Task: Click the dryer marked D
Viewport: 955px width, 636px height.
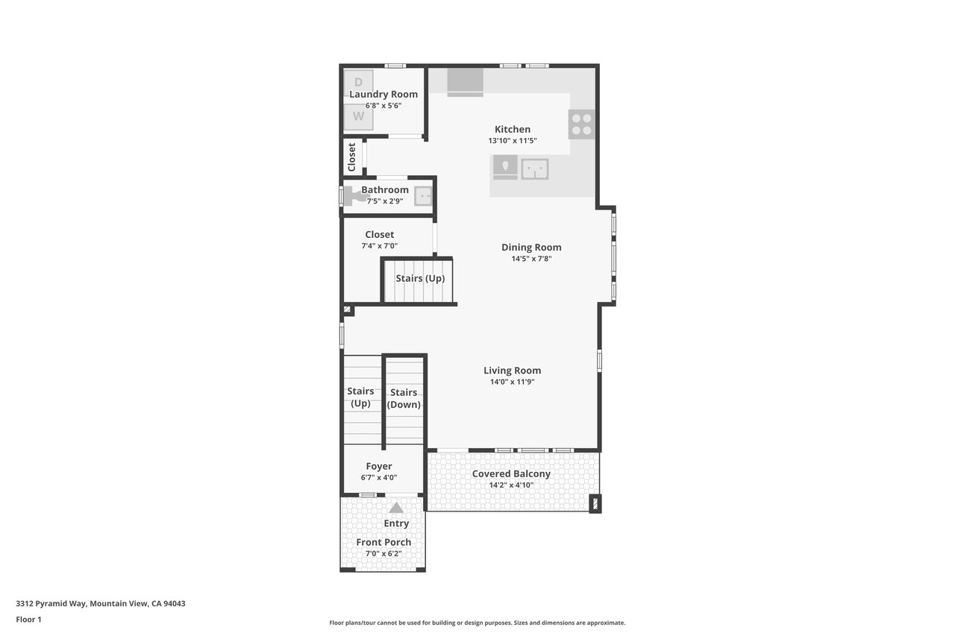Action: click(359, 83)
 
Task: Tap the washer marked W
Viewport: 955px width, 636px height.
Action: click(359, 116)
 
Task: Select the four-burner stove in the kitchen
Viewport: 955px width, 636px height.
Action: click(581, 125)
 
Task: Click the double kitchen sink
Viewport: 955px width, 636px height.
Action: click(535, 169)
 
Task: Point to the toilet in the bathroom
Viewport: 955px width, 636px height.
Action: click(354, 197)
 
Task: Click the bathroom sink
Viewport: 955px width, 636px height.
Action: click(424, 196)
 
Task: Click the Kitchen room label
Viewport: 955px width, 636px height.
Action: click(513, 129)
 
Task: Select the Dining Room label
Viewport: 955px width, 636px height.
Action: click(531, 247)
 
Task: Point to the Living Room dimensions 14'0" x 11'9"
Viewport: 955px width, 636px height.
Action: click(512, 382)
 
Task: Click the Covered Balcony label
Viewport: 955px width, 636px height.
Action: click(511, 473)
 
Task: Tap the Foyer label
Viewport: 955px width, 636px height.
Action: click(379, 467)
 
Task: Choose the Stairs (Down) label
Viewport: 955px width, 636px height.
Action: click(404, 398)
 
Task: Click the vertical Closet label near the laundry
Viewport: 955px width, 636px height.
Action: click(351, 157)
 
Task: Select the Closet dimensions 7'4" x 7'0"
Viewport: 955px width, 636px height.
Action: click(380, 246)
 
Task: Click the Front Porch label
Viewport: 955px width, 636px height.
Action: click(383, 542)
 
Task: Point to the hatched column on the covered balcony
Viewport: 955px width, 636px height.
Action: click(595, 503)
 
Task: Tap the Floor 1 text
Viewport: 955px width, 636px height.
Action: click(28, 620)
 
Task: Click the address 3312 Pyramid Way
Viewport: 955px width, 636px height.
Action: click(51, 604)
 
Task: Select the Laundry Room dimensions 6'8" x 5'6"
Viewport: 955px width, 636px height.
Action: click(383, 106)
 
